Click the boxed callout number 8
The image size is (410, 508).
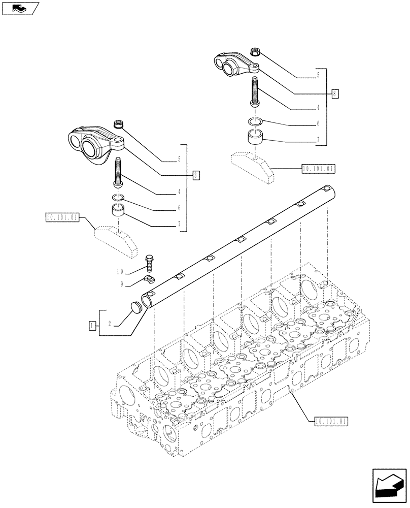[x=335, y=93]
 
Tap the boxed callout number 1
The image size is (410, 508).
[x=92, y=324]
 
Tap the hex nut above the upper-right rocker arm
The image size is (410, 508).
[x=256, y=52]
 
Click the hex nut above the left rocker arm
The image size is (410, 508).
[x=118, y=123]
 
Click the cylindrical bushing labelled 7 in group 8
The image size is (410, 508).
[x=256, y=137]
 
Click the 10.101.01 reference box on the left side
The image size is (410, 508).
[x=62, y=218]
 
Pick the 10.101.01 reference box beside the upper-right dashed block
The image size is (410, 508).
[x=318, y=169]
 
